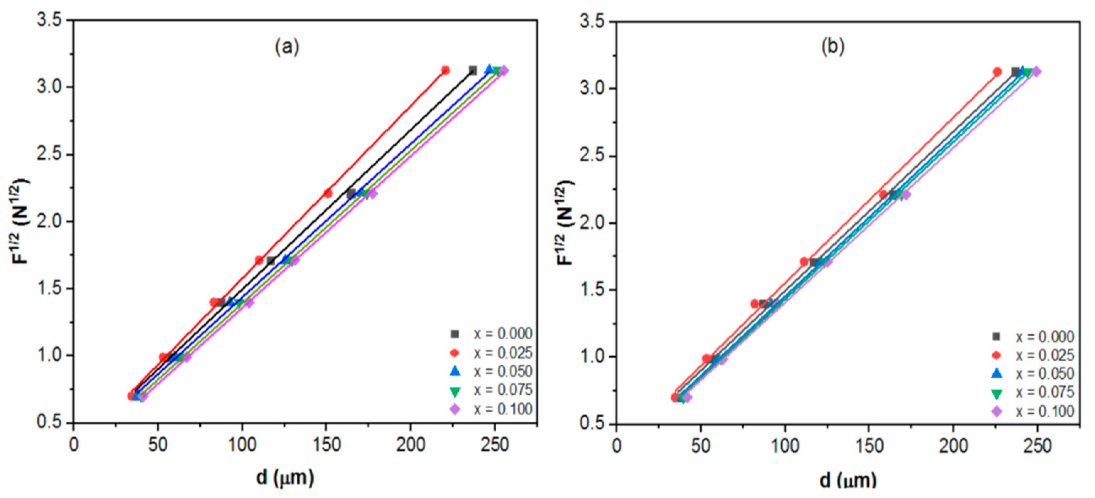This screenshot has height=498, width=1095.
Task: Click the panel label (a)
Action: tap(287, 47)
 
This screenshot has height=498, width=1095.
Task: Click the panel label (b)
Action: tap(832, 47)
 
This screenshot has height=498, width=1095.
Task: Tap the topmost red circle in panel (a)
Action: tap(445, 70)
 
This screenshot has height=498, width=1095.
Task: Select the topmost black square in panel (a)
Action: tap(473, 70)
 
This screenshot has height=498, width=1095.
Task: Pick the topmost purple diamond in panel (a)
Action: tap(504, 70)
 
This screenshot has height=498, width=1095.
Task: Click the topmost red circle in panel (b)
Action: tap(997, 72)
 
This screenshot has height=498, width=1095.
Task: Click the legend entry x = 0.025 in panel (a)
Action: tap(502, 353)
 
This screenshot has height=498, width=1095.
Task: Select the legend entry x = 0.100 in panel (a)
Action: tap(502, 409)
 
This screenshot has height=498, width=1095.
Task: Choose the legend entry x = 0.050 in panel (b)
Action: tap(1045, 374)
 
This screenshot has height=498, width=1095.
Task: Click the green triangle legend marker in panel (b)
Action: tap(996, 394)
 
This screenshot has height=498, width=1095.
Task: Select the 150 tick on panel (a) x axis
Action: tap(326, 444)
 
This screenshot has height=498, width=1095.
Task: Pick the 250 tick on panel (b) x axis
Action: tap(1037, 446)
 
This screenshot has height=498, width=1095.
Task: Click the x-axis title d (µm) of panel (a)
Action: tap(285, 478)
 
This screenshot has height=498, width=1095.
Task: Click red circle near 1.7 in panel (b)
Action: tap(804, 262)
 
